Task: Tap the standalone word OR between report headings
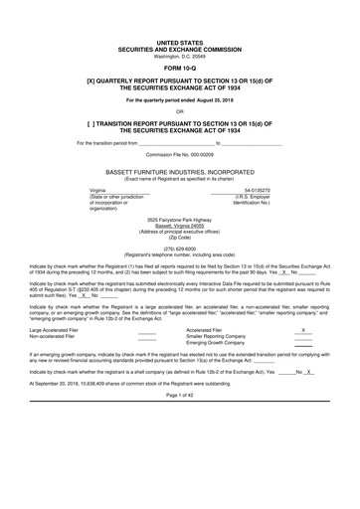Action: tap(180, 140)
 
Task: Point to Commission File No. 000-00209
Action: tap(180, 184)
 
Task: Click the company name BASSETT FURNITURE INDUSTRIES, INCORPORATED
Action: tap(180, 200)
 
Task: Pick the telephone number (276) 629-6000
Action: tap(180, 276)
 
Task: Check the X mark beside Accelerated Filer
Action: tap(302, 356)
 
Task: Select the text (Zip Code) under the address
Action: tap(180, 264)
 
